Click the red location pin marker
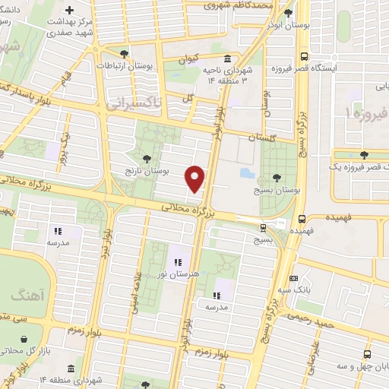(196, 179)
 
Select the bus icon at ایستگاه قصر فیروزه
(304, 57)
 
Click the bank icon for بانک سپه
(293, 279)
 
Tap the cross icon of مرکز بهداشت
(70, 11)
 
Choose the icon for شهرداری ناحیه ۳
(226, 60)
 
